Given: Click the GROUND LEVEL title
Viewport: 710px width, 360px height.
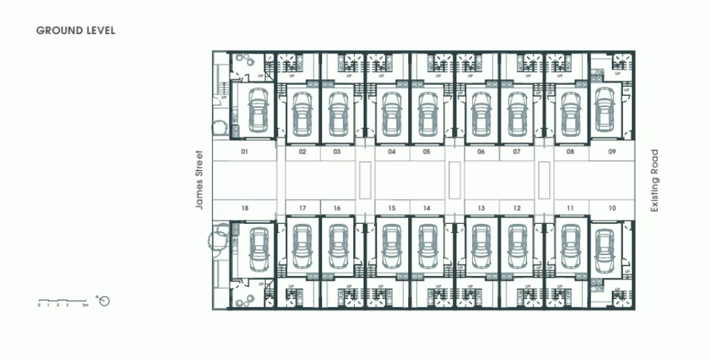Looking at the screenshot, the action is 76,31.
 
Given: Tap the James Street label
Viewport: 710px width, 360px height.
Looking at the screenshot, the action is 199,180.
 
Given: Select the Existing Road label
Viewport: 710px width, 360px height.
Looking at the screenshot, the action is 654,180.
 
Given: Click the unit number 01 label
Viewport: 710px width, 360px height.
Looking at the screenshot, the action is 245,151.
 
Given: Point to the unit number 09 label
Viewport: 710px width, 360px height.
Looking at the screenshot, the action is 612,151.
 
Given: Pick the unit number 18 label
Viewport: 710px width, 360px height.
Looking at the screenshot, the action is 245,208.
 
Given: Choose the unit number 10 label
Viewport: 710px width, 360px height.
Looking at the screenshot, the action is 612,208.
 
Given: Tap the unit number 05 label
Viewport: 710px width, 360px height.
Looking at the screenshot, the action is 426,151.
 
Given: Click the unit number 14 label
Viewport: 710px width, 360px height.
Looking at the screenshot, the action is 426,208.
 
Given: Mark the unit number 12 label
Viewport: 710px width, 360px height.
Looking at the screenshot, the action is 517,208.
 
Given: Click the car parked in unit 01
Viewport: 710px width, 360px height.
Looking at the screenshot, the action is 257,111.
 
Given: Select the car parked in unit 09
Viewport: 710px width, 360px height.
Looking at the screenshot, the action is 604,111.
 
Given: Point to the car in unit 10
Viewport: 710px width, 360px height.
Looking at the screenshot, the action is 604,249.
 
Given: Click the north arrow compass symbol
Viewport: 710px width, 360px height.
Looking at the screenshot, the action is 105,301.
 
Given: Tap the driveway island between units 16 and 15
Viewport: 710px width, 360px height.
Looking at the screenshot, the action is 365,179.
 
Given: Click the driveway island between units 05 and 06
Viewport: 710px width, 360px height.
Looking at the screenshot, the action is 455,179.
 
